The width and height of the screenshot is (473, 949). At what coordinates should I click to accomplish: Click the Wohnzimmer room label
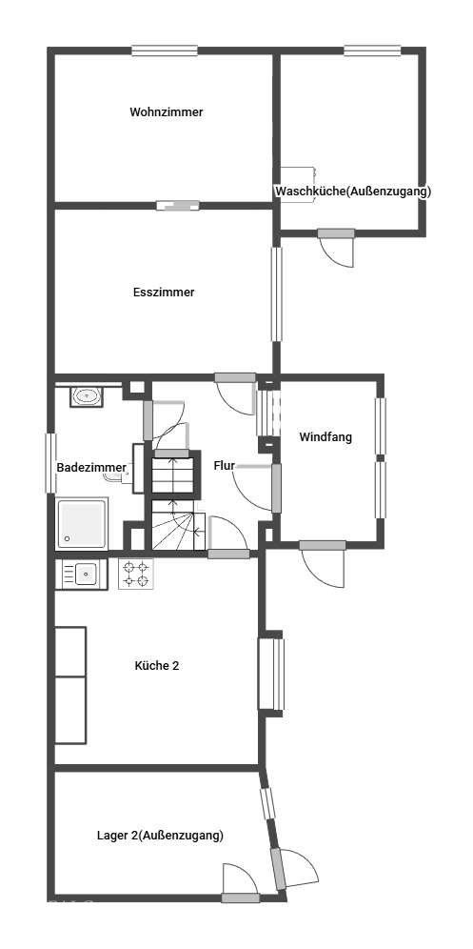pos(167,112)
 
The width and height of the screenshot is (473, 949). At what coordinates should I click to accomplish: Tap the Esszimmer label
pos(164,293)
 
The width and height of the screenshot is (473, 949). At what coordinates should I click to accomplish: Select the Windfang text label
pos(325,437)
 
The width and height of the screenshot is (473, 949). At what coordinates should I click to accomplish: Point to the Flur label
pos(224,466)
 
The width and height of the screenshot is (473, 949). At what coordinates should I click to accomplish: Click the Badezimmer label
pos(91,467)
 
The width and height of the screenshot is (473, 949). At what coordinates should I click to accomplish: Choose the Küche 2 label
pos(157,666)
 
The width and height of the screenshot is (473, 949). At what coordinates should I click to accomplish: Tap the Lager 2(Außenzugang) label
pos(160,836)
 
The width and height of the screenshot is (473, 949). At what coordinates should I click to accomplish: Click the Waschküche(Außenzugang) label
pos(354,192)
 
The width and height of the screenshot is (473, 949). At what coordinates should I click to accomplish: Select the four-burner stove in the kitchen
pos(135,575)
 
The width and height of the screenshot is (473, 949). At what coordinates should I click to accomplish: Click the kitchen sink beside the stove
pos(81,574)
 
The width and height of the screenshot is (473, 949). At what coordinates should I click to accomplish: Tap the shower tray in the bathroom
pos(82,523)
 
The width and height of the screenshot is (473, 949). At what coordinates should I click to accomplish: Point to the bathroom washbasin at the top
pos(87,397)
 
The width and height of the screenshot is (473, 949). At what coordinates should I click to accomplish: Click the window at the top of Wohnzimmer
pos(166,50)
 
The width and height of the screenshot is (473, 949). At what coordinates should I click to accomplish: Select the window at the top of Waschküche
pos(372,50)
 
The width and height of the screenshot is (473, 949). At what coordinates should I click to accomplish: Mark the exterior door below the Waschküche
pos(336,247)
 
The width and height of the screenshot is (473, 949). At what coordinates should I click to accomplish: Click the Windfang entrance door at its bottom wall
pos(323,563)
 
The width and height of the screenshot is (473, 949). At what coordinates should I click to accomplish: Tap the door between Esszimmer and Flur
pos(236,394)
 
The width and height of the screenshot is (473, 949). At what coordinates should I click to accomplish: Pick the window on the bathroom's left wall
pos(50,463)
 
